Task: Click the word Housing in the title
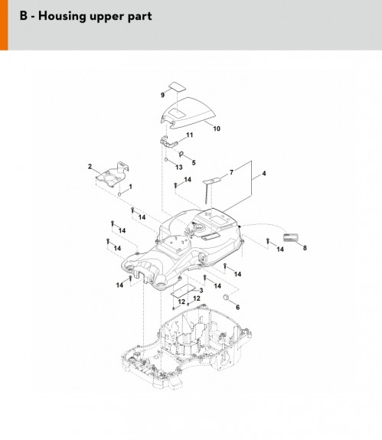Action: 62,16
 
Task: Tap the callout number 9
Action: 162,95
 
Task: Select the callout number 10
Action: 217,129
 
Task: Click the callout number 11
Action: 190,135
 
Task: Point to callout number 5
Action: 194,162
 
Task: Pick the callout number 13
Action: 179,168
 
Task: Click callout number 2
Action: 90,166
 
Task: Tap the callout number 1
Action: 130,187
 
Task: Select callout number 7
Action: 231,172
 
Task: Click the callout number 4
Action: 264,174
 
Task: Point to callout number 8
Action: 305,248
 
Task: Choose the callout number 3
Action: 201,291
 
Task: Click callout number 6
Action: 238,308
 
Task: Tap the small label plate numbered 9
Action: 177,86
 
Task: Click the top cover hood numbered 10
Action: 188,112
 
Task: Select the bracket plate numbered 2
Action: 113,174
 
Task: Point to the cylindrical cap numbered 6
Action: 227,297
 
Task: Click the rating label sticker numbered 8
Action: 290,237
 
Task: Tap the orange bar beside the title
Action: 4,25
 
